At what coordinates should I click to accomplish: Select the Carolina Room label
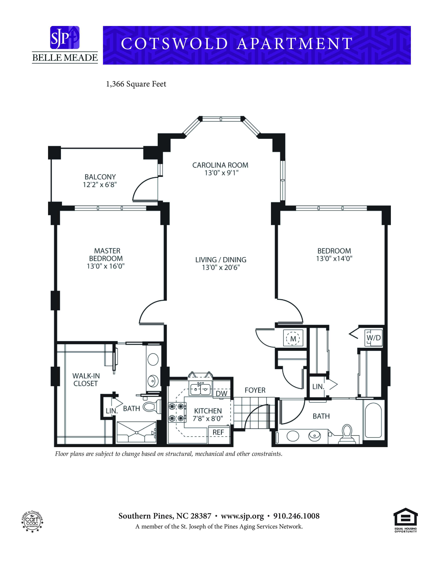click(x=220, y=165)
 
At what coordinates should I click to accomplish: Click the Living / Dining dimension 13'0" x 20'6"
click(x=221, y=267)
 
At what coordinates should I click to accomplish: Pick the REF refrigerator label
click(x=218, y=432)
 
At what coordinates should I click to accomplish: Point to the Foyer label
click(x=255, y=390)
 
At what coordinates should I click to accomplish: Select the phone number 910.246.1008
click(x=296, y=516)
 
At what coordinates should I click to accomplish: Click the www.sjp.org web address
click(x=242, y=516)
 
